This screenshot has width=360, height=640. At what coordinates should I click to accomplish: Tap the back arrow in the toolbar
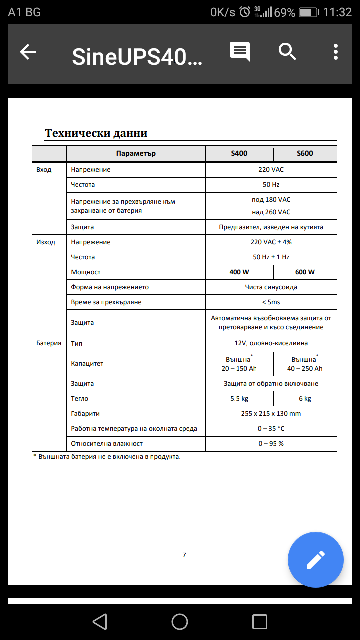(x=28, y=52)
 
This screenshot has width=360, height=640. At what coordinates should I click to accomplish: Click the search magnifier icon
(x=287, y=52)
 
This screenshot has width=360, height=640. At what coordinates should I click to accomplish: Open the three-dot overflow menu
(x=336, y=52)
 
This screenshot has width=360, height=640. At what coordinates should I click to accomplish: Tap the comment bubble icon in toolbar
(x=240, y=52)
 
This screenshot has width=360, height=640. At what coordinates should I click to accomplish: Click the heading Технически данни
(x=96, y=133)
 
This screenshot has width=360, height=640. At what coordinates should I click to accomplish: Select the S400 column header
(x=239, y=153)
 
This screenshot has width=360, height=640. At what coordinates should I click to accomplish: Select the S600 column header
(x=305, y=153)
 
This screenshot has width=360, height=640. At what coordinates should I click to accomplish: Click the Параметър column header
(x=136, y=153)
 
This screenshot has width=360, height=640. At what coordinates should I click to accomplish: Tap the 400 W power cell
(x=239, y=272)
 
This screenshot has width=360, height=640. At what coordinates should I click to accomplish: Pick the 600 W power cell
(x=305, y=272)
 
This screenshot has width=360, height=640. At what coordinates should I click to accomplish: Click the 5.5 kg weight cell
(x=239, y=399)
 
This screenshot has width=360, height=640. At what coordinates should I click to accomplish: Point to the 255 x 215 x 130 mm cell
(x=271, y=414)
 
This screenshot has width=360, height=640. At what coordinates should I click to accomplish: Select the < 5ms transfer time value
(x=271, y=302)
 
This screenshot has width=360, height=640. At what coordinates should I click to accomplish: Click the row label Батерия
(x=49, y=343)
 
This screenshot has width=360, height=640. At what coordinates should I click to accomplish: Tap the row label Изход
(x=46, y=242)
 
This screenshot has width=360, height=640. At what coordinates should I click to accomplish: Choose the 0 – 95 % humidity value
(x=271, y=444)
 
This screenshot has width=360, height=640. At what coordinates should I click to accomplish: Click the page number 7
(x=184, y=555)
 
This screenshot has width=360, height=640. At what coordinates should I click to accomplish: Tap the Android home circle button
(x=180, y=621)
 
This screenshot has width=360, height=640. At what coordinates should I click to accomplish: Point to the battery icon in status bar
(x=308, y=12)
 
